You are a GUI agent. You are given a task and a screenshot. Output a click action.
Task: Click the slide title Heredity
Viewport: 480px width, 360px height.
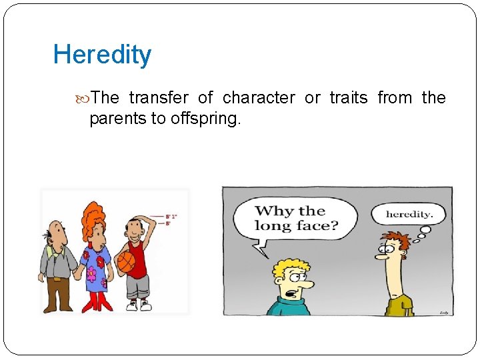pyautogui.click(x=102, y=55)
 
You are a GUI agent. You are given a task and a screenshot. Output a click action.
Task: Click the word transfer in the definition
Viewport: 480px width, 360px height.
pyautogui.click(x=159, y=98)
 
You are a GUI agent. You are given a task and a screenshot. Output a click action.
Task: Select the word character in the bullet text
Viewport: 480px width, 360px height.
pyautogui.click(x=259, y=98)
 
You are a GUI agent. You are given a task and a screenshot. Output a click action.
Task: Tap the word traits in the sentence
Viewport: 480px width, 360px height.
pyautogui.click(x=348, y=98)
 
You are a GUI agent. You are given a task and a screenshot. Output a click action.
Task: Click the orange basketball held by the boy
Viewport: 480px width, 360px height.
pyautogui.click(x=126, y=262)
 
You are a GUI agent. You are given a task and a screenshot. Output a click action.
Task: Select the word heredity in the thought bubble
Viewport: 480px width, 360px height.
pyautogui.click(x=410, y=215)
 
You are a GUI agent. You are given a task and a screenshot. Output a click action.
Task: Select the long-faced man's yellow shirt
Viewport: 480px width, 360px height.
pyautogui.click(x=399, y=306)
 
